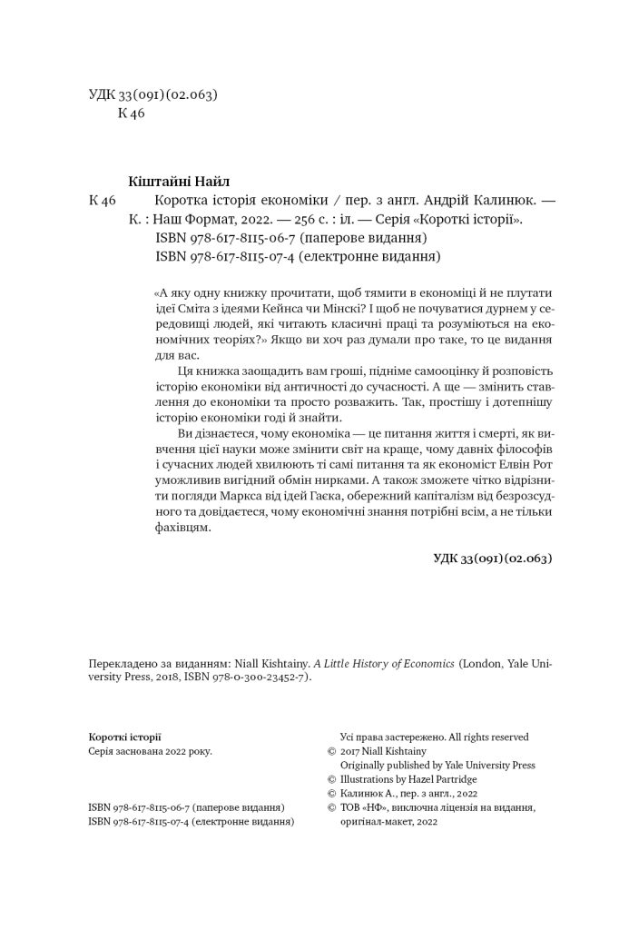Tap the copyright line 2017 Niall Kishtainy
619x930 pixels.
click(382, 751)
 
